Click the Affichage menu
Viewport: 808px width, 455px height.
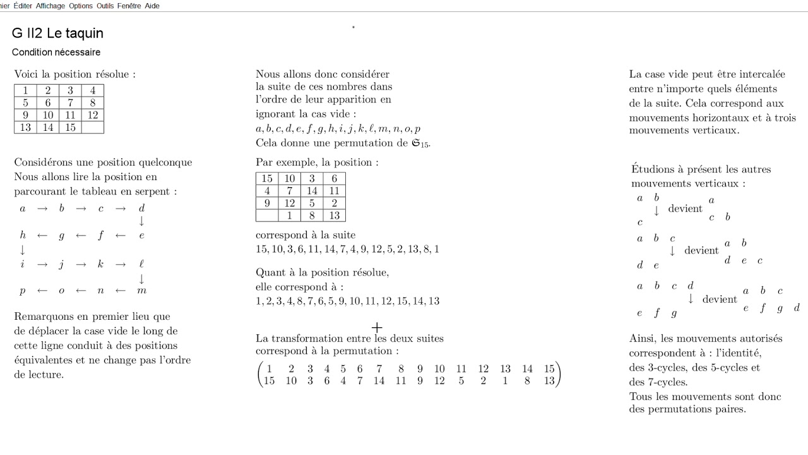coord(50,6)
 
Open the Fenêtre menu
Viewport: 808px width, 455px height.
coord(129,6)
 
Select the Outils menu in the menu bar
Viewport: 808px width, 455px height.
coord(105,6)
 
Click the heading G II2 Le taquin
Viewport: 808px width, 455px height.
coord(57,33)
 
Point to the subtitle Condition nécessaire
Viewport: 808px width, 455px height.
coord(56,52)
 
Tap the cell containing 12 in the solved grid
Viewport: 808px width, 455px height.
coord(93,115)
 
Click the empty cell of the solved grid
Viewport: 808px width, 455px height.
coord(93,128)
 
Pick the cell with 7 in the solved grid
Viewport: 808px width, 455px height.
coord(70,103)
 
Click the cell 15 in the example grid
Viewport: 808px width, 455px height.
coord(267,179)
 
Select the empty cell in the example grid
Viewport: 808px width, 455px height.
coord(267,215)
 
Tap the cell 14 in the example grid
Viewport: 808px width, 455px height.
coord(312,191)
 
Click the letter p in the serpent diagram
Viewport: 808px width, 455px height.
coord(23,291)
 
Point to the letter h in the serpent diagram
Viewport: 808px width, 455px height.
coord(23,236)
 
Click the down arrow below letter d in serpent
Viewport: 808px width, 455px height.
coord(141,221)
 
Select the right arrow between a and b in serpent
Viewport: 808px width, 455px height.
coord(42,209)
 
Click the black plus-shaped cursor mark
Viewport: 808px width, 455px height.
coord(377,327)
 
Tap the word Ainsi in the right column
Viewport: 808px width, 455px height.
coord(643,338)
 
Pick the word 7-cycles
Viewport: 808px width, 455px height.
coord(667,382)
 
